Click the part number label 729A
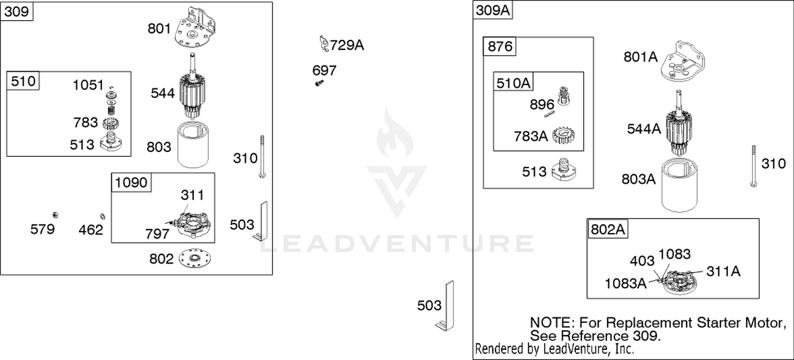347,46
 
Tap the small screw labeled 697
319,83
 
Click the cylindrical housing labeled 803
193,145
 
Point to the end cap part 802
195,258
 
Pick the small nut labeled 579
55,215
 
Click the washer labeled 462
103,216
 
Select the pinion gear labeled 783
111,123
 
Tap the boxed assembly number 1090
131,182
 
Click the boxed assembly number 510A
513,83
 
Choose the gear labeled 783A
564,136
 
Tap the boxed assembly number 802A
608,229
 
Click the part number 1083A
626,283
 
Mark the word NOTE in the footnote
552,323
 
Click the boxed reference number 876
500,47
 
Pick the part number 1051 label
88,85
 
